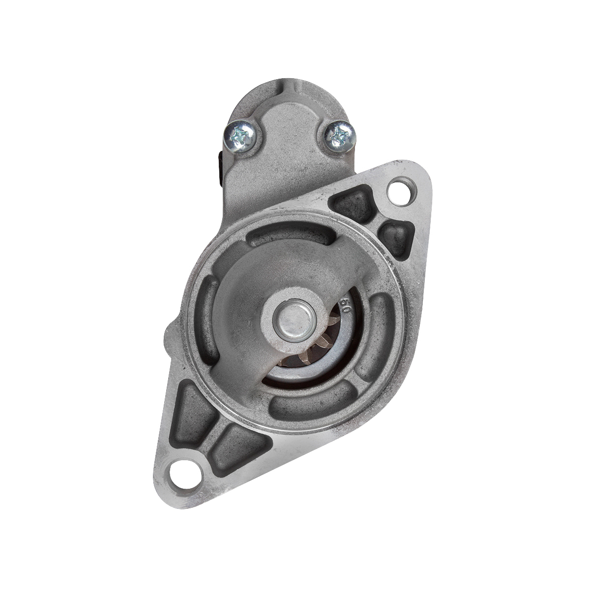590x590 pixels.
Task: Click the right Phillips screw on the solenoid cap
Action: click(340, 136)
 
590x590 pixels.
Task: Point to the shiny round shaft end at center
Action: click(295, 324)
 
